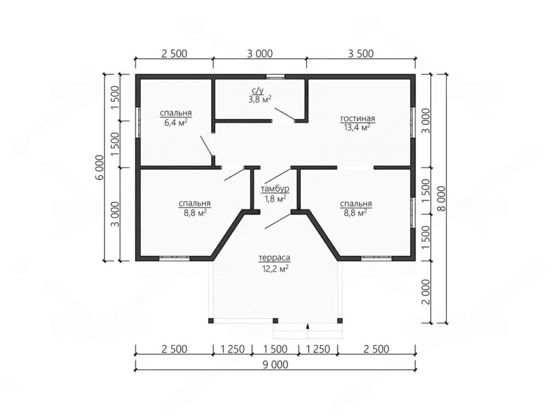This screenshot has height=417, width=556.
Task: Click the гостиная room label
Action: (357, 119)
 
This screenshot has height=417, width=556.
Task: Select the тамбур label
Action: (275, 189)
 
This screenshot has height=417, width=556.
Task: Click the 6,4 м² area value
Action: (176, 122)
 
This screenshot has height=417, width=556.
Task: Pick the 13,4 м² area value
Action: (357, 127)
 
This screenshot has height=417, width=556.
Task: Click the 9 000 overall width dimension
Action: (276, 364)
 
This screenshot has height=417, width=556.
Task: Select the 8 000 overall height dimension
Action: (441, 199)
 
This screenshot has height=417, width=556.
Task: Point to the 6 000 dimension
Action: (100, 167)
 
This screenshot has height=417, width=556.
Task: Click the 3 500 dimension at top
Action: (361, 54)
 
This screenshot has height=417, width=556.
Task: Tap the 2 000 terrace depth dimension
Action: (426, 292)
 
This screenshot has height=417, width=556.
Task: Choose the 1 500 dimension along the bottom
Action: (275, 349)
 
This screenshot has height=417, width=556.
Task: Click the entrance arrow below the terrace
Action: (308, 326)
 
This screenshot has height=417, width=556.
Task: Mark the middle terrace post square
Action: (275, 320)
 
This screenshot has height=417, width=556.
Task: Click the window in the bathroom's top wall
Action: (276, 76)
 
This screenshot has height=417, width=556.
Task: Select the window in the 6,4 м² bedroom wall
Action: (138, 122)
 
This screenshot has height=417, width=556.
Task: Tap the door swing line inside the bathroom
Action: (285, 114)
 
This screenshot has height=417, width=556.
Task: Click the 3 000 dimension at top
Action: (260, 54)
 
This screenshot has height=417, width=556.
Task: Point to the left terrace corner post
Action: (211, 320)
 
